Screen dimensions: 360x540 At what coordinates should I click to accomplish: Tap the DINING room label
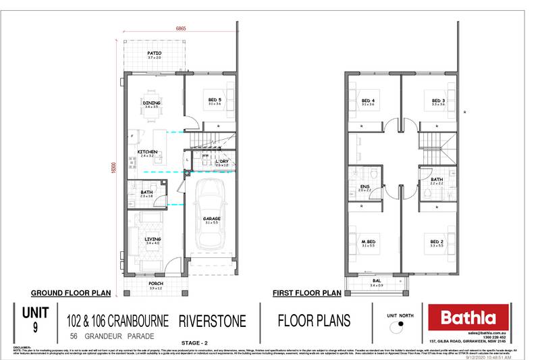tap(151, 103)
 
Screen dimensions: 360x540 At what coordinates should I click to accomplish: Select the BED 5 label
tap(215, 100)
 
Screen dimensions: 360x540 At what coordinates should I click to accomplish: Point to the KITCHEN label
tap(148, 152)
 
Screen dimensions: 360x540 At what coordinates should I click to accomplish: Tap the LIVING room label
tap(152, 238)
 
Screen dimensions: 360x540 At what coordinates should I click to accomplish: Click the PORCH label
tap(155, 284)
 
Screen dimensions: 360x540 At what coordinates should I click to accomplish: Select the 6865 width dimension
tap(181, 29)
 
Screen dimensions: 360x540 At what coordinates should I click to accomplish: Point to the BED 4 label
tap(368, 101)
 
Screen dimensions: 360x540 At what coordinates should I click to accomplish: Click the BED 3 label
tap(439, 101)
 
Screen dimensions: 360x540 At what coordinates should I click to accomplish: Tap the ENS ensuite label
tap(365, 186)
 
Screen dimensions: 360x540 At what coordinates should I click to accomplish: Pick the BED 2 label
tap(438, 241)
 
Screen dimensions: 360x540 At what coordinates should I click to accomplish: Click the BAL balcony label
tap(377, 282)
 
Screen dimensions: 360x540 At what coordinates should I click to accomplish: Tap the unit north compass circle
tap(401, 325)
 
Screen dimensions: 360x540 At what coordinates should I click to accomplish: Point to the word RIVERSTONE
tap(213, 319)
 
